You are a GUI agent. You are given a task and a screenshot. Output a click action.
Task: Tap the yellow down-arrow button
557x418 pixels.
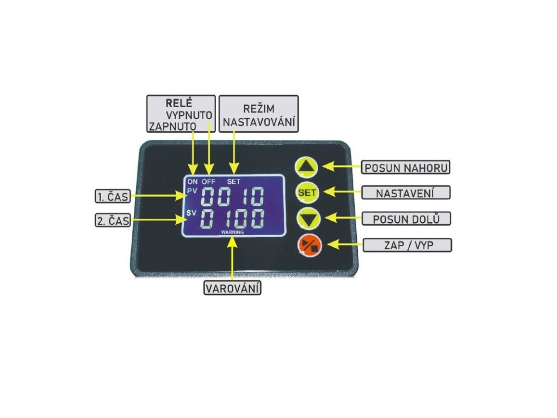[x=308, y=219]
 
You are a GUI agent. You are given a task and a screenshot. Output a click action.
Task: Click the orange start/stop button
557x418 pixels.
[x=310, y=246]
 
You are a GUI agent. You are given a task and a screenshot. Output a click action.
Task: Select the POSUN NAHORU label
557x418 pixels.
[x=406, y=167]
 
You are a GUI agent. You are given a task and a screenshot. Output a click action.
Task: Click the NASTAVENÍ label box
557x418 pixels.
[x=406, y=193]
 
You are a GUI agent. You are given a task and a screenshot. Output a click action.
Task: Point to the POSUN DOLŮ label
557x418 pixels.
[x=406, y=219]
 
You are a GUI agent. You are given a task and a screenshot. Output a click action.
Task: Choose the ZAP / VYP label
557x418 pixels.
[x=406, y=245]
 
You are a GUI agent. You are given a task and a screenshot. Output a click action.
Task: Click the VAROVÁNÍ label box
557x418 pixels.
[x=232, y=287]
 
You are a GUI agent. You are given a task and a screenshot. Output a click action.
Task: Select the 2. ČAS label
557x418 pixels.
[x=113, y=220]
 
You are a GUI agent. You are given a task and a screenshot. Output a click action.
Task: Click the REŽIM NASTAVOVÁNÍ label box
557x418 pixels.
[x=259, y=113]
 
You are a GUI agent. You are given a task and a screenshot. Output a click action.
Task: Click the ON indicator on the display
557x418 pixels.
[x=192, y=181]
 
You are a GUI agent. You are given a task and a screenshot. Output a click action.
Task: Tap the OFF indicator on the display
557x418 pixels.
[x=209, y=181]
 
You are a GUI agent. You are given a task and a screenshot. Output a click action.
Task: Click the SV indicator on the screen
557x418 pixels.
[x=191, y=213]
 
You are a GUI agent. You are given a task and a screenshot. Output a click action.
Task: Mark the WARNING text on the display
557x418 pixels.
[x=232, y=232]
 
